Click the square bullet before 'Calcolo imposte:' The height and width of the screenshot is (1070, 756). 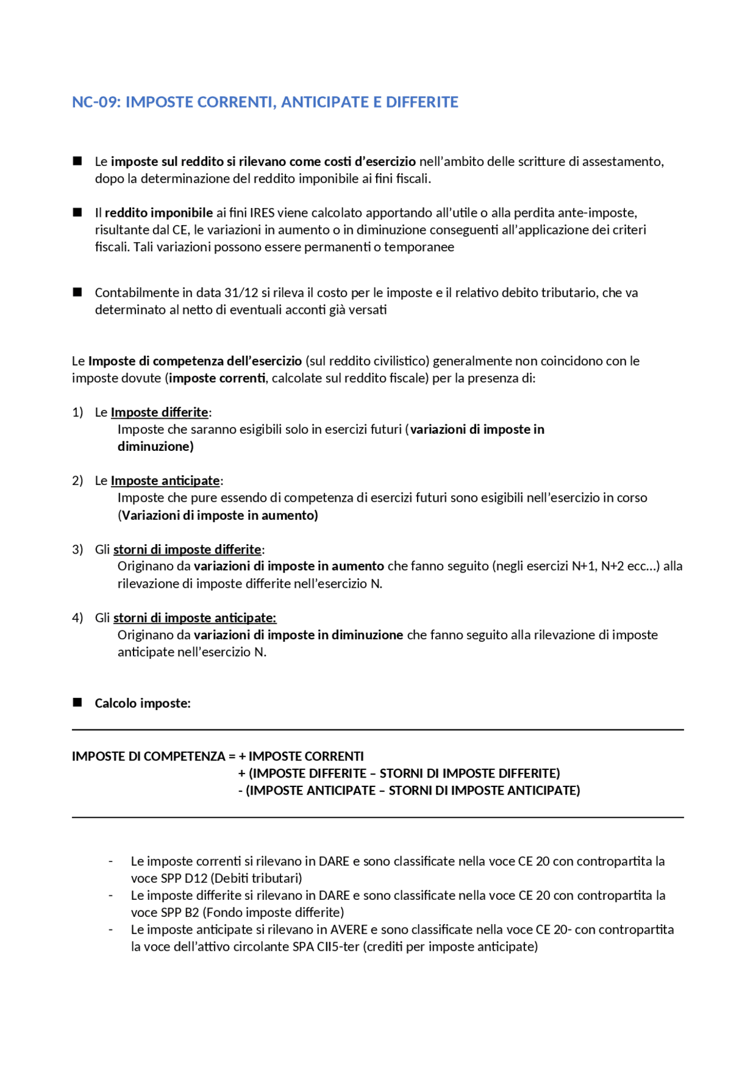77,703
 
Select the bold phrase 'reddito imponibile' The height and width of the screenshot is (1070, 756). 159,213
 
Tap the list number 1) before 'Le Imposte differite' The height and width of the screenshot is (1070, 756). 77,412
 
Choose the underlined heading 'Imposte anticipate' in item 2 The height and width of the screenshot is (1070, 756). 165,481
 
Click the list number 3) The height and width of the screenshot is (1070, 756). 77,549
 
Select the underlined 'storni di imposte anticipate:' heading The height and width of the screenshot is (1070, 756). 195,618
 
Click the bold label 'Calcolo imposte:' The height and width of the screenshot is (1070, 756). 142,703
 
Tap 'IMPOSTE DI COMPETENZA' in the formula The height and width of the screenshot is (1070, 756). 149,756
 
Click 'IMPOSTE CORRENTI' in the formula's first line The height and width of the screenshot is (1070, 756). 306,756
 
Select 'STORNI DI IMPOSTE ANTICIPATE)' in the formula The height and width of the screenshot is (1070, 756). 484,791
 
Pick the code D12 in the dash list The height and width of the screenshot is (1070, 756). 196,879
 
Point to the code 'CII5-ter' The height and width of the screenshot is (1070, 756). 338,947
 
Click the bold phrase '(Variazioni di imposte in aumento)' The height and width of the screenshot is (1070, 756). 218,515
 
